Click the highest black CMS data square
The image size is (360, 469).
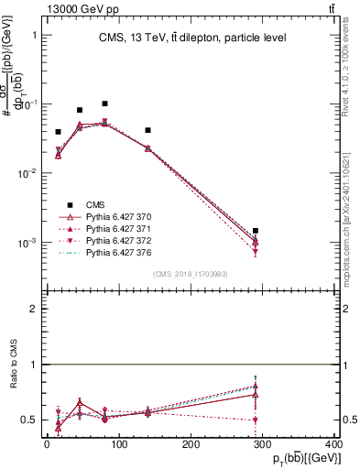click(x=105, y=104)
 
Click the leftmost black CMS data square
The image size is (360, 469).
click(x=58, y=132)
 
